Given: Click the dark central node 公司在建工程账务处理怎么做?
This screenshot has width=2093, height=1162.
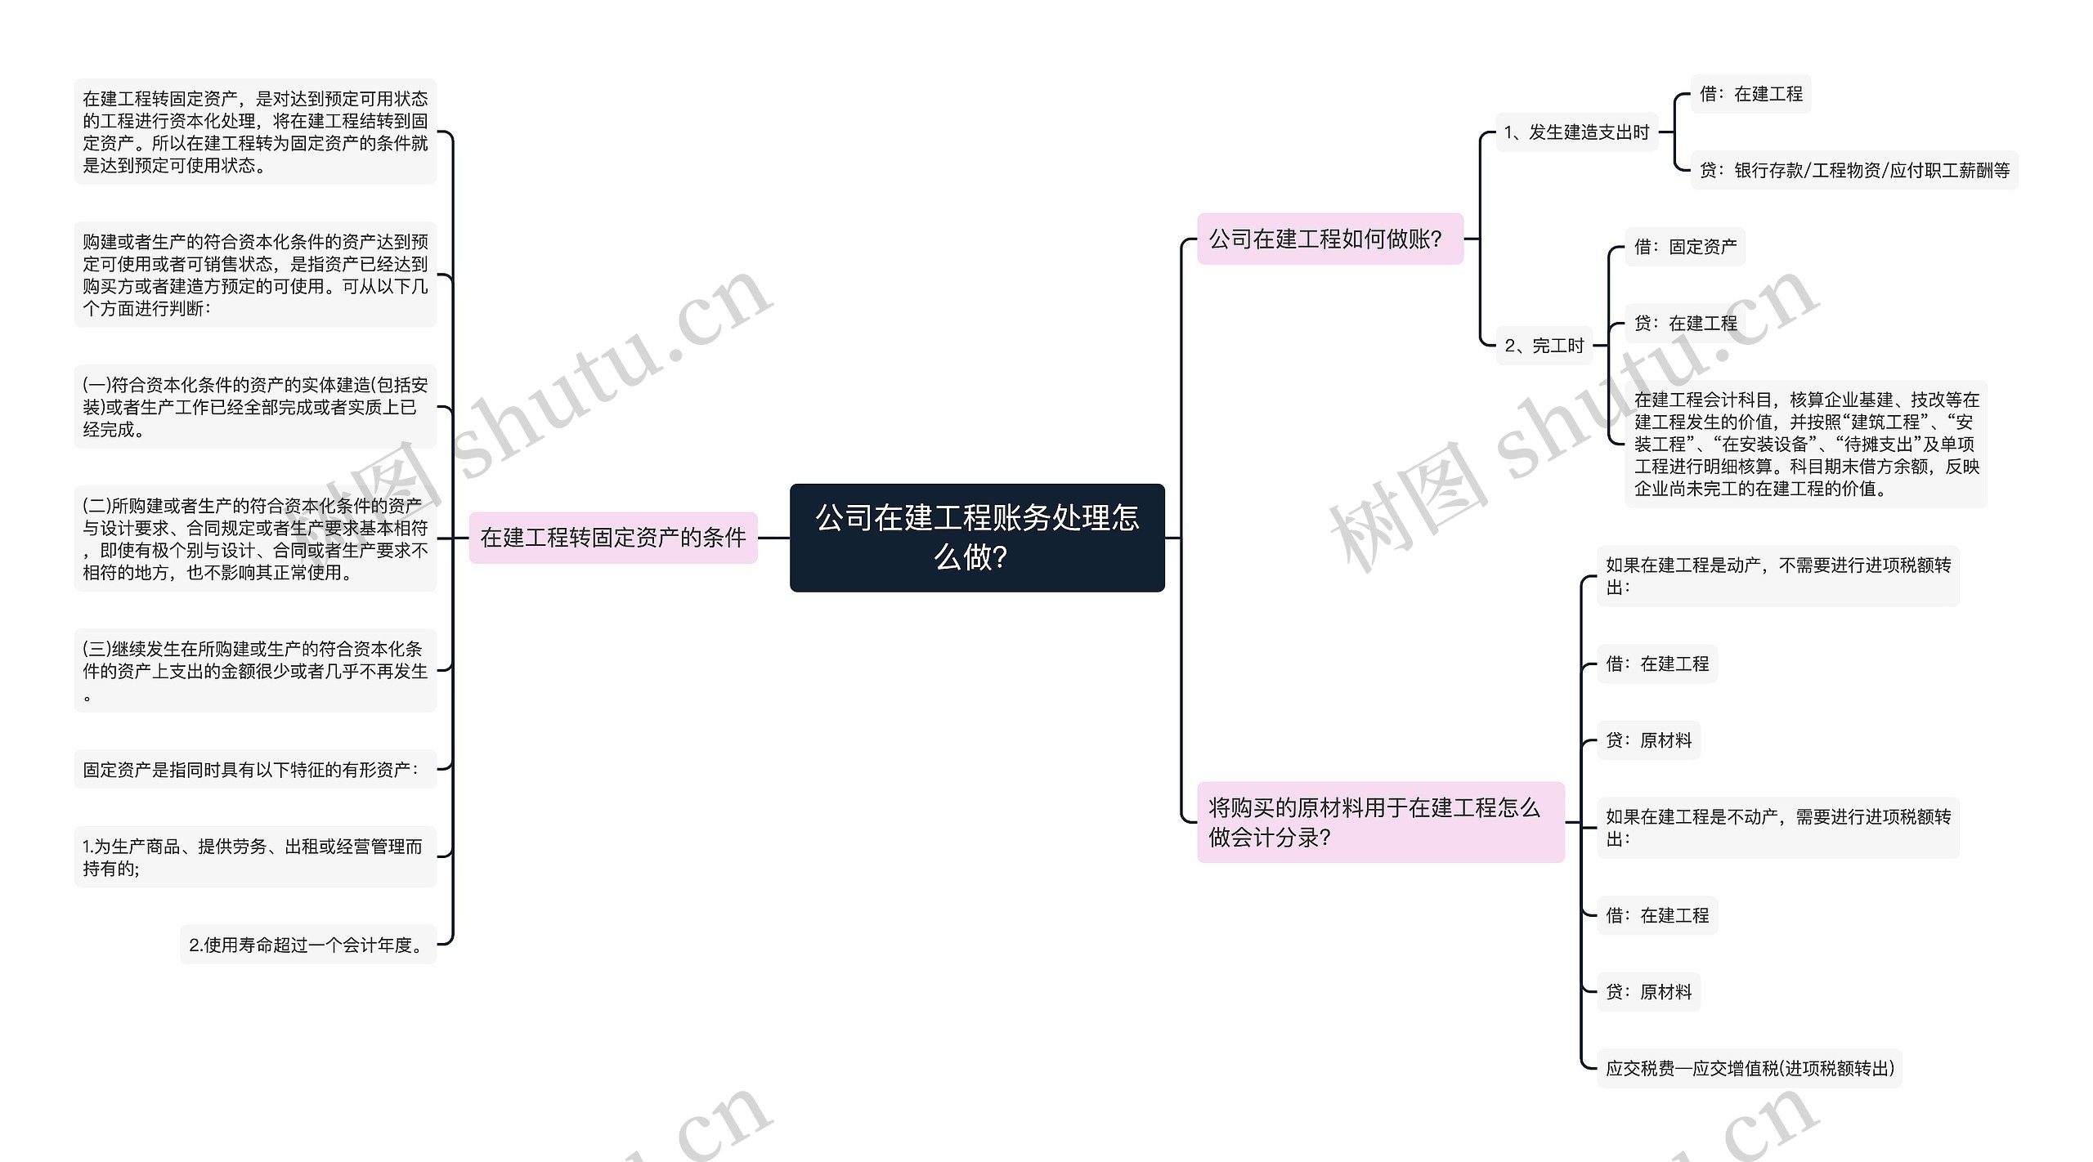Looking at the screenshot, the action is coord(976,537).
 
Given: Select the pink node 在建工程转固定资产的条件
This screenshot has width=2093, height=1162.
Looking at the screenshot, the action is coord(613,537).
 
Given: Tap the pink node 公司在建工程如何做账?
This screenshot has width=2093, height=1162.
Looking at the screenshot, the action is coord(1329,239).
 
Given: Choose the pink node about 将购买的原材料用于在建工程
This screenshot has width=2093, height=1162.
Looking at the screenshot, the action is coord(1379,822).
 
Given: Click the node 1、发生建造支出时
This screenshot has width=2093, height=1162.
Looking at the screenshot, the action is coord(1575,132).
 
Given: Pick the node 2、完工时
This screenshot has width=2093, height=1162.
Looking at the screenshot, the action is coord(1544,346).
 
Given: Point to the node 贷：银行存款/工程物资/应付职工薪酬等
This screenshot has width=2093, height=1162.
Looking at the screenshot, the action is coord(1853,170).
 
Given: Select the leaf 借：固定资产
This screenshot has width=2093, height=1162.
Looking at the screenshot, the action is coord(1684,247).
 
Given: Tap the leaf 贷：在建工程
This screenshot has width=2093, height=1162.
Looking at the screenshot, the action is coord(1684,324).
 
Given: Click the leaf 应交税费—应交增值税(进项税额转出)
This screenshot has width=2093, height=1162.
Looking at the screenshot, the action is coord(1749,1068).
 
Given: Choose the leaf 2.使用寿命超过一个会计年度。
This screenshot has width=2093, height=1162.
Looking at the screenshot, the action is coord(308,945).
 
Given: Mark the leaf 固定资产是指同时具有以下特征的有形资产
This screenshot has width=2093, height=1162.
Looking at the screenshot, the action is coord(254,769).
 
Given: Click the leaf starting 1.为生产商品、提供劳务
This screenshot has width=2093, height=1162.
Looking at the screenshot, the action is coord(254,857).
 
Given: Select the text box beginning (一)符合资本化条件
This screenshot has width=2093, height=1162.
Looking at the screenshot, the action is coord(254,407).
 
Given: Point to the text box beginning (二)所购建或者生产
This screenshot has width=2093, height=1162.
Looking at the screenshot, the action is coord(254,539).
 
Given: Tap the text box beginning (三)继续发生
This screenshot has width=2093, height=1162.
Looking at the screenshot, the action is coord(254,670).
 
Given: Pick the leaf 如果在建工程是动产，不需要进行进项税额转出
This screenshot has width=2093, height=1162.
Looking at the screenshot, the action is coord(1777,576).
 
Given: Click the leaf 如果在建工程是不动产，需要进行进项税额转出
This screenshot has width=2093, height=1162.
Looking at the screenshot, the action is coord(1777,828).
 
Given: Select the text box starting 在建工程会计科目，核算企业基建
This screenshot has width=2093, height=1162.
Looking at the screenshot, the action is coord(1805,444).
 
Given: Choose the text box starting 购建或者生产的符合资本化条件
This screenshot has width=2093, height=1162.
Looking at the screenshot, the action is coord(254,275).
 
